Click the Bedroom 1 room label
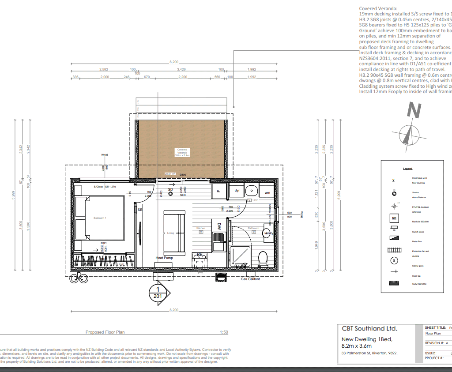100,218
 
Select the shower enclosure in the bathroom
239,257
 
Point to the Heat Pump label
164,258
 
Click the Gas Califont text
250,279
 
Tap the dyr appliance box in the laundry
237,191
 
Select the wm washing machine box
267,192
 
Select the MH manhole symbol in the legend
394,218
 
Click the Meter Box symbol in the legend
394,238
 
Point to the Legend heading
407,169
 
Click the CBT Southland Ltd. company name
369,329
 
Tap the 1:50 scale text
224,332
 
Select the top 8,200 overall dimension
174,62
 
